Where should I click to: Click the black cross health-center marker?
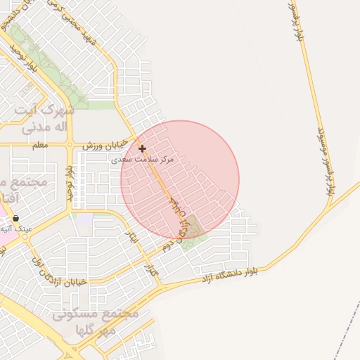[x=143, y=149]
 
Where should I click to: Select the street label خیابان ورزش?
[x=105, y=144]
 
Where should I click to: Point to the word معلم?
[x=41, y=144]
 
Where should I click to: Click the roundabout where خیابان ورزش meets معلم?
[x=70, y=144]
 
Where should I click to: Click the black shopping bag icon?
[x=15, y=219]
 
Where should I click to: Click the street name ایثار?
[x=131, y=239]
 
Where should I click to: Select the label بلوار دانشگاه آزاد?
[x=232, y=274]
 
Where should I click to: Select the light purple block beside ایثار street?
[x=84, y=219]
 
